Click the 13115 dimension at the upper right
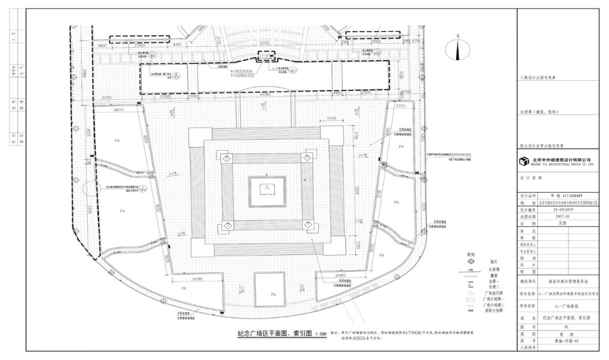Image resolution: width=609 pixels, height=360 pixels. point(400,106)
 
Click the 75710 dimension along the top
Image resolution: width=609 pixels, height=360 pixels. point(265,43)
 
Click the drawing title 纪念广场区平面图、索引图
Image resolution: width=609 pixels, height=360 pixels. point(274,333)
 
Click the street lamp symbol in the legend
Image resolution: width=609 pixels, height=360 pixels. point(471,261)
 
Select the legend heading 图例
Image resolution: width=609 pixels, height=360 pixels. point(471,253)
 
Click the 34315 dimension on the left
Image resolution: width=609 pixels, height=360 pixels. point(105,97)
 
